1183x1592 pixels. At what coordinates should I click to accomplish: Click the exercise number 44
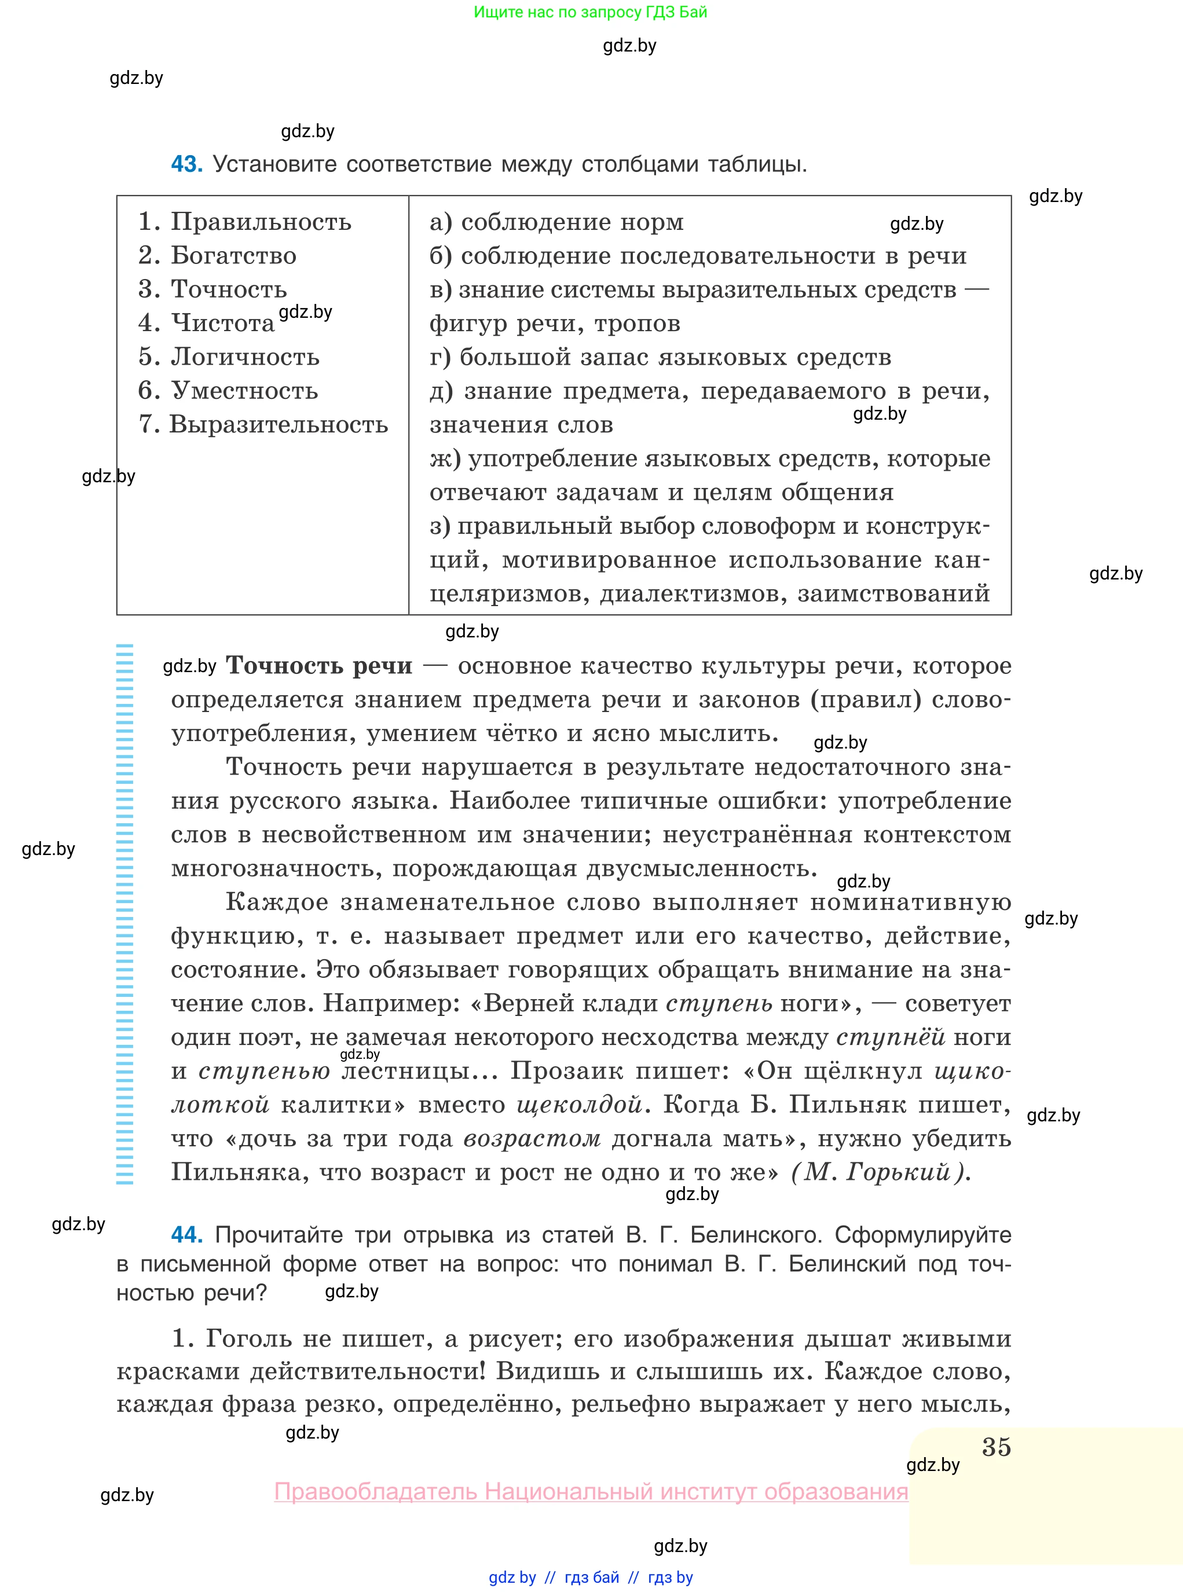pos(186,1235)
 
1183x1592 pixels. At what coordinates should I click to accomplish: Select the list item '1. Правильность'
pos(244,222)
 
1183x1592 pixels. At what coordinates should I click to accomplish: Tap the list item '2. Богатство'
pos(217,255)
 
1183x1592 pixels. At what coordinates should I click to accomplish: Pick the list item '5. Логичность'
pos(229,357)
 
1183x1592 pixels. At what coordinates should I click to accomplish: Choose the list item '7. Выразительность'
pos(263,424)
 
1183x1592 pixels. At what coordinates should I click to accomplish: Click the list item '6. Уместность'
pos(228,391)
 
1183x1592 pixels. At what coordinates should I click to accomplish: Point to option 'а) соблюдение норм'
pos(556,222)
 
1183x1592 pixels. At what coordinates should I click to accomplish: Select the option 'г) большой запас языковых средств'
pos(660,357)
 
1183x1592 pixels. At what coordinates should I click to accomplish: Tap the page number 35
pos(996,1447)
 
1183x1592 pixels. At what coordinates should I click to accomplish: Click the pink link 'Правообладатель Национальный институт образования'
pos(591,1492)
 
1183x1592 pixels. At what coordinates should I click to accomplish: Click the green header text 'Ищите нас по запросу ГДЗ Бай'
pos(590,12)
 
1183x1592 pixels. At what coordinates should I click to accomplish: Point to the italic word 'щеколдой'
pos(579,1105)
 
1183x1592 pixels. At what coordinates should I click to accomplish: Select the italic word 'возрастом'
pos(532,1138)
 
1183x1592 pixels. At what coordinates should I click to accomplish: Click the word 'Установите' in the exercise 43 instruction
pos(275,164)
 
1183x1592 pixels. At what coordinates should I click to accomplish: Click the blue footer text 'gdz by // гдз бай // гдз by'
pos(590,1578)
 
